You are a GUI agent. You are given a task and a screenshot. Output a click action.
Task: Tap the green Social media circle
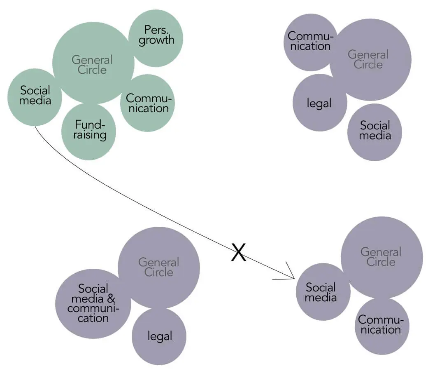pyautogui.click(x=35, y=97)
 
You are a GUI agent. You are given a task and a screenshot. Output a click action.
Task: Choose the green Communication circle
pyautogui.click(x=148, y=103)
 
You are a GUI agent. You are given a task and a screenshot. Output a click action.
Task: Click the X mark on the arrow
pyautogui.click(x=238, y=252)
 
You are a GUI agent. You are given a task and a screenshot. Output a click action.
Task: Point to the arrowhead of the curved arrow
pyautogui.click(x=293, y=277)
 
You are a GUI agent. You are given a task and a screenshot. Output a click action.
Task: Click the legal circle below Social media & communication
pyautogui.click(x=159, y=336)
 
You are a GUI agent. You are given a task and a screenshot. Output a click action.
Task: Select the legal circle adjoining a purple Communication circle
pyautogui.click(x=319, y=103)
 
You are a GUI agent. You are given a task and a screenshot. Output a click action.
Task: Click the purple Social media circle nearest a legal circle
pyautogui.click(x=375, y=131)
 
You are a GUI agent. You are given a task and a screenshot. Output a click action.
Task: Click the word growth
pyautogui.click(x=156, y=40)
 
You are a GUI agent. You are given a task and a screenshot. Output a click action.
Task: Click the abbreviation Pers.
pyautogui.click(x=155, y=30)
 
